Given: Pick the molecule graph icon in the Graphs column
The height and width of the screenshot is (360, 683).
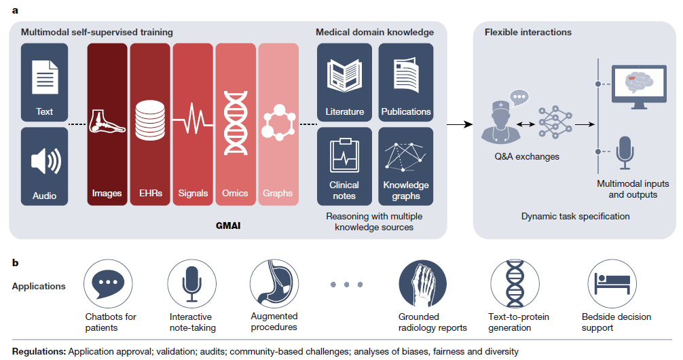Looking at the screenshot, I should coord(278,122).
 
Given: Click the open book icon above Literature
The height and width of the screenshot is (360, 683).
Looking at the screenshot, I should coord(344,75).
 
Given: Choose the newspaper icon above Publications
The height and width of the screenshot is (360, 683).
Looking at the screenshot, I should coord(405,75).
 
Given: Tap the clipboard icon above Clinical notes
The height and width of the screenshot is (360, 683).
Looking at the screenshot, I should coord(344,156).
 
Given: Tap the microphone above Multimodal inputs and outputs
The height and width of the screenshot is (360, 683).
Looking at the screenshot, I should coord(624,151).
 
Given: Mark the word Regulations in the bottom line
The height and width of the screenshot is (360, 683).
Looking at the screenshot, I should coord(39,351).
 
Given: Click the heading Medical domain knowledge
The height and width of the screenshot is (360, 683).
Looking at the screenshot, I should coord(375,32).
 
